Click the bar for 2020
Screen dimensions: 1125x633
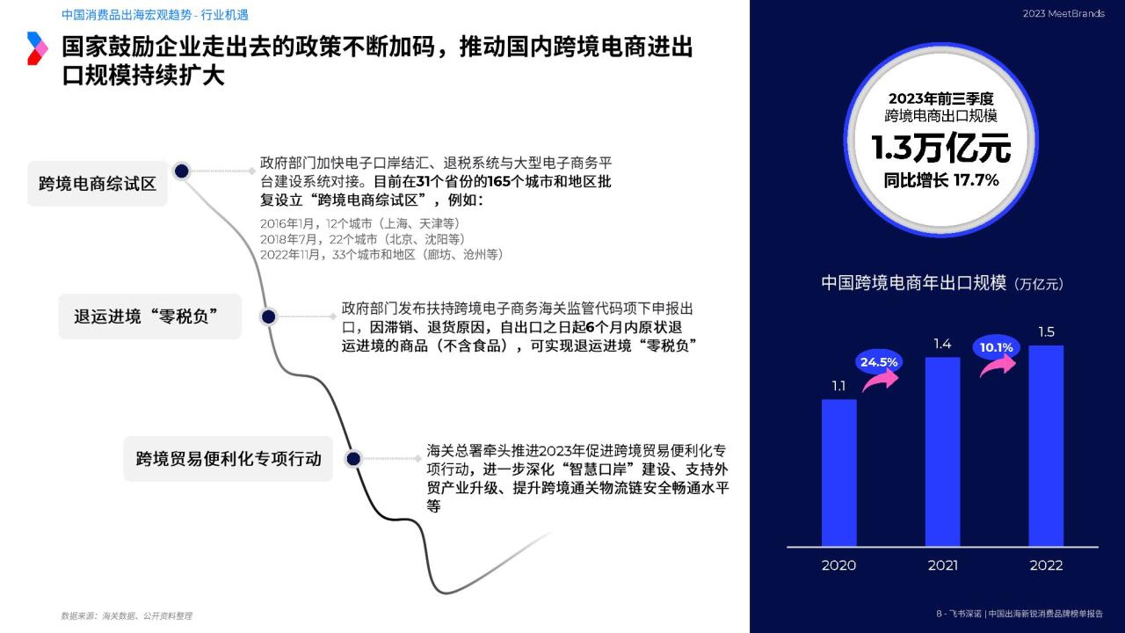838,473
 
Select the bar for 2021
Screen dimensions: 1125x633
943,452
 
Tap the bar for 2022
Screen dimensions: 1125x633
1046,446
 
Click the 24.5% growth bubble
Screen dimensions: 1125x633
878,361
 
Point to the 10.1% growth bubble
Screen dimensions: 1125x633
997,347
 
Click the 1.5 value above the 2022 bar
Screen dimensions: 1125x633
1046,332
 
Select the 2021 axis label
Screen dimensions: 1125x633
943,565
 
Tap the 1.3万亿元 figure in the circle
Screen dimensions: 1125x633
940,149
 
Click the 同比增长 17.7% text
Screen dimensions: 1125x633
941,180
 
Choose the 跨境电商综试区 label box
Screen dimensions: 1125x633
98,184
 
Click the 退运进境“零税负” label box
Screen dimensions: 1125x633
150,316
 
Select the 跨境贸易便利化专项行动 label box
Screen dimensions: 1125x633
228,459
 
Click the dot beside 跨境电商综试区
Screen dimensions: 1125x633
182,171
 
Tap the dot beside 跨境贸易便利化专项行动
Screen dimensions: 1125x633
353,459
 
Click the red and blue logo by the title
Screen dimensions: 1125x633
37,48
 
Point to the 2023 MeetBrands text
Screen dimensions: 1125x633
1063,13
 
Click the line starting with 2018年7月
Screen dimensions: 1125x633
363,239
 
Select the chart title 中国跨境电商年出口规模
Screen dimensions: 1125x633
913,283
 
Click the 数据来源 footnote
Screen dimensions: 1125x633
127,615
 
